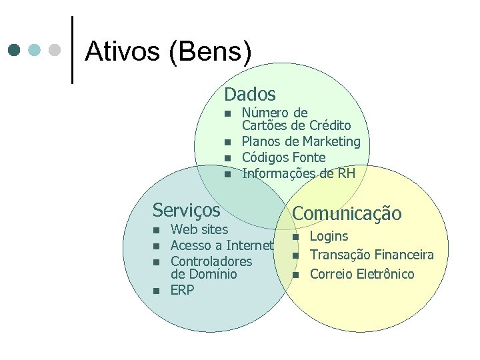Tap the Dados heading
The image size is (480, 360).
coord(249,95)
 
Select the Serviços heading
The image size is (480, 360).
coord(186,210)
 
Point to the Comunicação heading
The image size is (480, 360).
coord(347,213)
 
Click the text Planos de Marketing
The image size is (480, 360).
coord(301,141)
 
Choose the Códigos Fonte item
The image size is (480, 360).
coord(283,157)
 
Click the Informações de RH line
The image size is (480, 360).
coord(298,173)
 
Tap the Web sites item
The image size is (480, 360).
coord(199,230)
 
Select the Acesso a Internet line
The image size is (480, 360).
coord(222,246)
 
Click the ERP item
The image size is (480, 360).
coord(182,290)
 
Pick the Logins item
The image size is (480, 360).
coord(329,236)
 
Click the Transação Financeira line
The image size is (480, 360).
coord(372,255)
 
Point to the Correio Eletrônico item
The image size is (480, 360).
coord(362,274)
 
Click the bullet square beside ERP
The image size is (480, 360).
coord(155,291)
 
